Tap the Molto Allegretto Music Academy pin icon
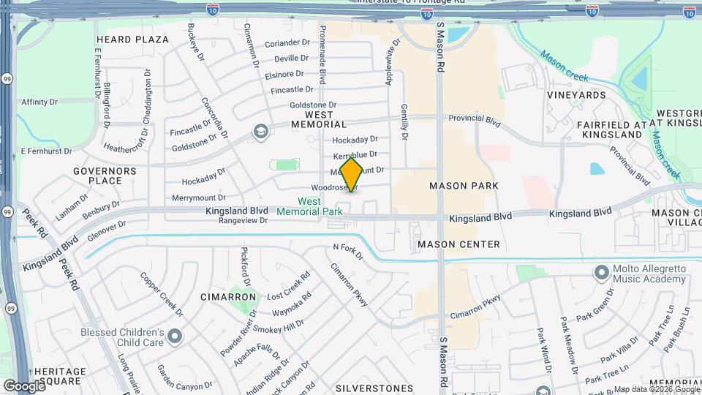click(602, 273)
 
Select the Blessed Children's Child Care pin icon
click(175, 336)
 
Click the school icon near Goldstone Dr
click(258, 132)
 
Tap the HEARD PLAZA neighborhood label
click(132, 39)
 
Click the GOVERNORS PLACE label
click(105, 176)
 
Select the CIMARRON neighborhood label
click(229, 297)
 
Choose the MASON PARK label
click(464, 186)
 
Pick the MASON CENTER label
click(458, 244)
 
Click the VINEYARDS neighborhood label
click(576, 95)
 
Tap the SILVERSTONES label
click(374, 388)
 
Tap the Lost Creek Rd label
click(288, 286)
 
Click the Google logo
click(24, 385)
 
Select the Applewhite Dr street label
click(389, 61)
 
